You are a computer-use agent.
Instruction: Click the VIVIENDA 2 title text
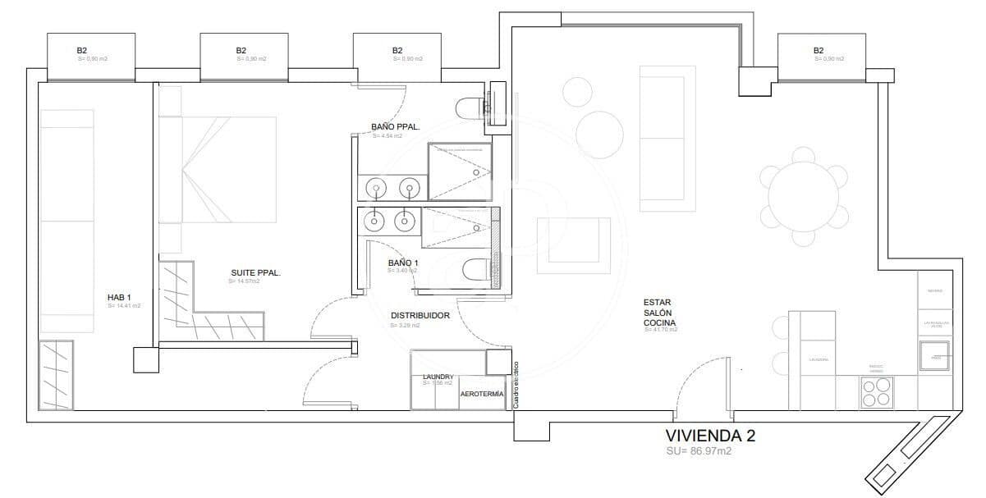(x=710, y=436)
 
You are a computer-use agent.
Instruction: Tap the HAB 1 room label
(x=119, y=297)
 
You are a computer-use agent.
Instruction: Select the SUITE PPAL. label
(x=255, y=273)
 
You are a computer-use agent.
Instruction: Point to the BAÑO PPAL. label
(x=396, y=127)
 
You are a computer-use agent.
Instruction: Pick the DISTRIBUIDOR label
(x=420, y=315)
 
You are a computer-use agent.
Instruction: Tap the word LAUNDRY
(x=438, y=377)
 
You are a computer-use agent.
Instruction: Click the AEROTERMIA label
(x=482, y=395)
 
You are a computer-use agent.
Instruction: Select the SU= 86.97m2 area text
(x=699, y=451)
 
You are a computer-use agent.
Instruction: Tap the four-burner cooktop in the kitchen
(x=876, y=395)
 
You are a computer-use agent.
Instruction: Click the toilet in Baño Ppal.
(x=473, y=107)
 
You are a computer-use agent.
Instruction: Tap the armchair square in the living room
(x=573, y=245)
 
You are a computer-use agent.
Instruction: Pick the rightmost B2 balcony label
(x=819, y=51)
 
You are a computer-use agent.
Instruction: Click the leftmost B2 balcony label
(x=82, y=51)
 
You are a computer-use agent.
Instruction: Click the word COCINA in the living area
(x=660, y=323)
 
